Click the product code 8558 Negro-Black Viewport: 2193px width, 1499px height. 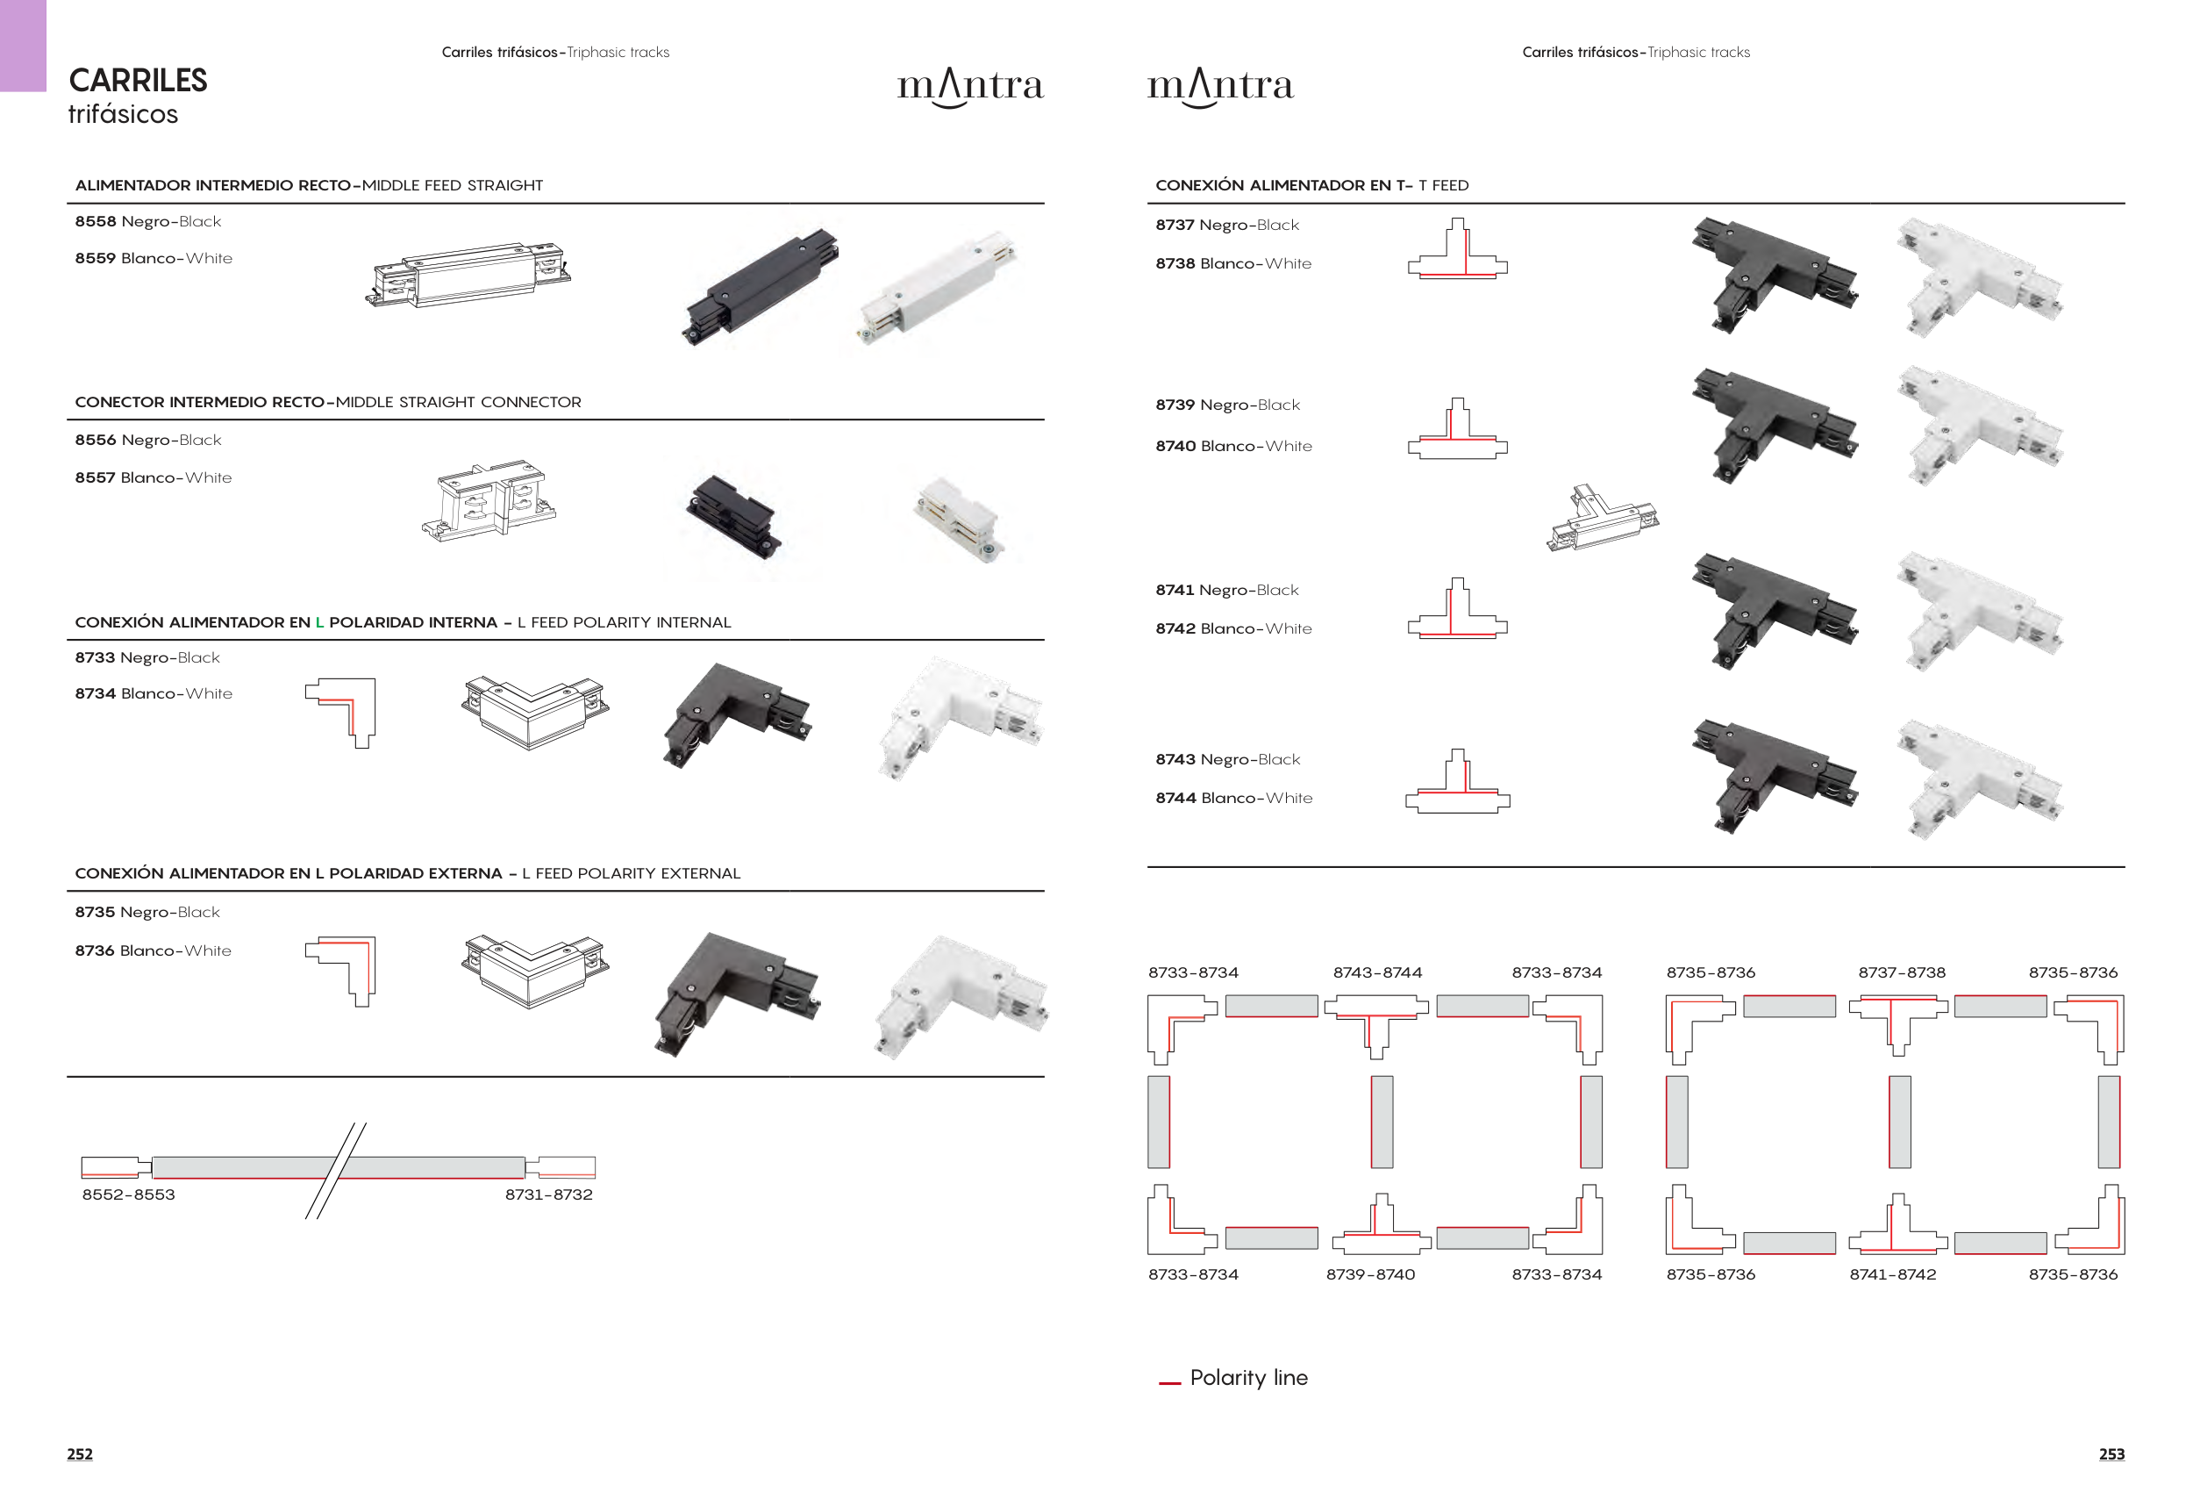point(147,222)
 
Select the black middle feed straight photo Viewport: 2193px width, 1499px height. point(761,286)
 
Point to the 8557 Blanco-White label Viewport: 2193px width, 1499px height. point(153,477)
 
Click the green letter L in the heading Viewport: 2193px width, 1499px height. point(319,622)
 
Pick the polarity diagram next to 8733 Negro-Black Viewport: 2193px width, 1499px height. point(340,713)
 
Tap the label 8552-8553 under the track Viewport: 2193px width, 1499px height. point(128,1195)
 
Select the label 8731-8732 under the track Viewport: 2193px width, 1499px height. point(548,1195)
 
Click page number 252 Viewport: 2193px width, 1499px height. point(79,1454)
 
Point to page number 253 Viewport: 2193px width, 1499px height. point(2111,1454)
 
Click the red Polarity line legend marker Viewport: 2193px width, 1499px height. point(1169,1383)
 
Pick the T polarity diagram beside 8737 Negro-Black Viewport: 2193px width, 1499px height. point(1457,248)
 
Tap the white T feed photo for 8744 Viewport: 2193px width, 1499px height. point(1979,778)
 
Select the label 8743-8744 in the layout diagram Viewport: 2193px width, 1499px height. point(1376,973)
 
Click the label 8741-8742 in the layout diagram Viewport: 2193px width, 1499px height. point(1892,1275)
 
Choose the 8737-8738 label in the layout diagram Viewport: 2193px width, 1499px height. point(1902,973)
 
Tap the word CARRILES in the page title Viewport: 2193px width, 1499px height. point(138,81)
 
